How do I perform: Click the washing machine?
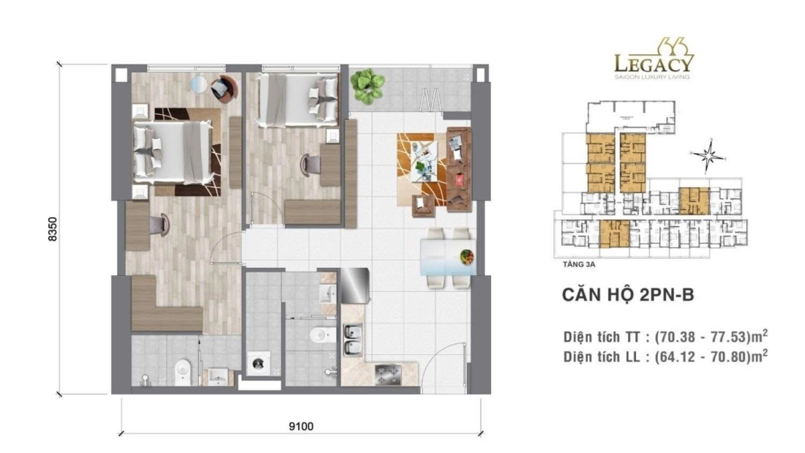261,364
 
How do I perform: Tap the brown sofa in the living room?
459,168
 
